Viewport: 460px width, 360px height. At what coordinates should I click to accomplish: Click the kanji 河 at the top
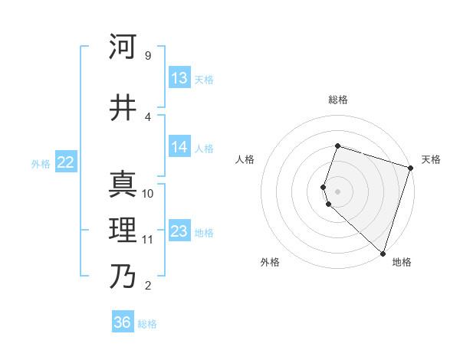[x=123, y=48]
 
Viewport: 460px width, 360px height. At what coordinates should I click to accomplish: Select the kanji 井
[x=123, y=108]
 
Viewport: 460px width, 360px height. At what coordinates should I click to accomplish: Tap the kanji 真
[x=123, y=184]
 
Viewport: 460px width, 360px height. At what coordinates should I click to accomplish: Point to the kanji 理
[x=123, y=231]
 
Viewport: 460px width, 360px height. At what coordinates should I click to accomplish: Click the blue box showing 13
[x=179, y=78]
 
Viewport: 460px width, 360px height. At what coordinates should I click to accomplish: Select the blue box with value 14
[x=179, y=147]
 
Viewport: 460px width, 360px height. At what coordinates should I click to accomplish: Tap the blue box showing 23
[x=179, y=231]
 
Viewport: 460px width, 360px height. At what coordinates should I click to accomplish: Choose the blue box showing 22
[x=66, y=162]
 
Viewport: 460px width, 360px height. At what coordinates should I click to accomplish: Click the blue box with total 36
[x=123, y=322]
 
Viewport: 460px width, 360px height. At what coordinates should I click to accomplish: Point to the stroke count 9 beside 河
[x=147, y=56]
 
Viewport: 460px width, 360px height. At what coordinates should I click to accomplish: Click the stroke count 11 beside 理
[x=147, y=240]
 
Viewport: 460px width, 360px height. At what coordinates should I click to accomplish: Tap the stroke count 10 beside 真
[x=148, y=193]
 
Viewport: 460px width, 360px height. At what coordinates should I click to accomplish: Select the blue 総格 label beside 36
[x=147, y=324]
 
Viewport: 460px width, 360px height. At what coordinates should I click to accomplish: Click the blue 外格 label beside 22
[x=41, y=163]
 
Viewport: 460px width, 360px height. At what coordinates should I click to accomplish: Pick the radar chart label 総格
[x=337, y=100]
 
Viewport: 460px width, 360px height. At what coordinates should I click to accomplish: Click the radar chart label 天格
[x=431, y=159]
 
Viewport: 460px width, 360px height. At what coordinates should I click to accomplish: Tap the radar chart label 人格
[x=245, y=159]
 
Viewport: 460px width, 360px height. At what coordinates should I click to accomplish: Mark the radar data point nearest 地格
[x=383, y=254]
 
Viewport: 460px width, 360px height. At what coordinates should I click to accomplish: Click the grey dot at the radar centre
[x=337, y=191]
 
